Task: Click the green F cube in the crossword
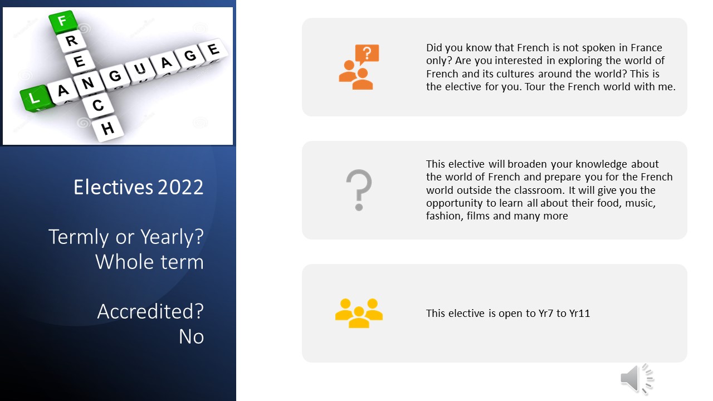coord(63,22)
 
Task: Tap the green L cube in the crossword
coord(35,99)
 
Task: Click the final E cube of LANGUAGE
coord(213,50)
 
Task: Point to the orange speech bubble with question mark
coord(367,54)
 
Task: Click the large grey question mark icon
coord(359,190)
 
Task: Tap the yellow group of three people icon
coord(359,313)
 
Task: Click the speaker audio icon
coord(637,379)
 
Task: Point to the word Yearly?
coord(172,237)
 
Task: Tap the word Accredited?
coord(150,311)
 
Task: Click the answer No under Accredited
coord(191,336)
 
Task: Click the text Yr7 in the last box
coord(546,314)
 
